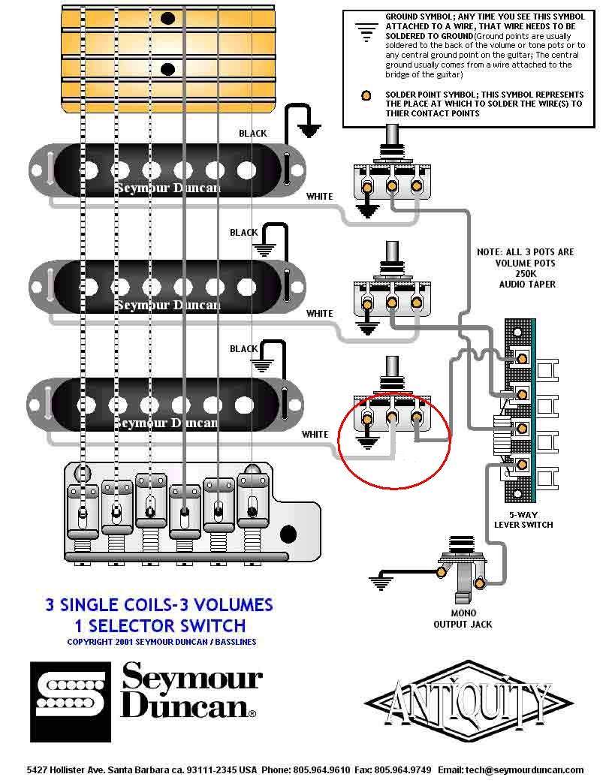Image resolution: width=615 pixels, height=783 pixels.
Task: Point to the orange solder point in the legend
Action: coord(366,96)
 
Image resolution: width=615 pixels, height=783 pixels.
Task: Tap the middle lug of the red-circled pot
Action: coord(392,418)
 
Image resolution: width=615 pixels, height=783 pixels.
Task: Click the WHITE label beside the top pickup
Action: coord(319,197)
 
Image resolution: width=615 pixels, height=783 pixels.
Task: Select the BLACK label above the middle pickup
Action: coord(244,233)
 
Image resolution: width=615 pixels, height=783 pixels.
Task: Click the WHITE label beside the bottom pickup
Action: coord(315,435)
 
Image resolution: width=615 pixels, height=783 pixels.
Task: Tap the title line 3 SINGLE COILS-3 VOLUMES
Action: coord(159,605)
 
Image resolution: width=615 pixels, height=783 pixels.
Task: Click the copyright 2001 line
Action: coord(161,642)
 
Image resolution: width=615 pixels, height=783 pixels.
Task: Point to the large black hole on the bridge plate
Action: coord(288,535)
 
